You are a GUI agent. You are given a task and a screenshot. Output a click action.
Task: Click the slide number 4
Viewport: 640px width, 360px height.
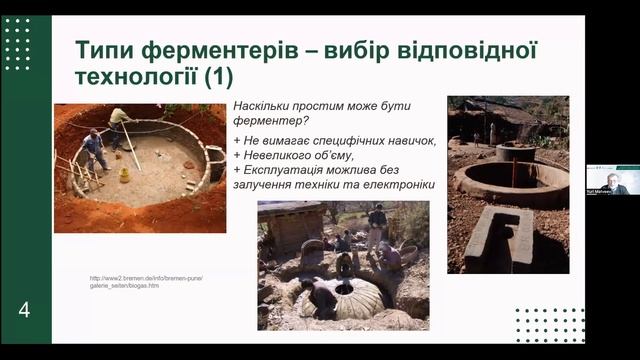click(x=24, y=310)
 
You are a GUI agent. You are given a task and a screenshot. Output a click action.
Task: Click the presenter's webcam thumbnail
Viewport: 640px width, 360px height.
click(x=613, y=180)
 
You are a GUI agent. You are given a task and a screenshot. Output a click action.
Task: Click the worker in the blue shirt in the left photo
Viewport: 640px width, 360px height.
click(x=94, y=149)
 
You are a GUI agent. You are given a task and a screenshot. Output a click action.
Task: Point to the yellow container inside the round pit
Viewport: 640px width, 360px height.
click(x=124, y=175)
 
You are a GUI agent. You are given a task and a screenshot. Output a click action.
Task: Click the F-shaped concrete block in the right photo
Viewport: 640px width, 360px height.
click(x=498, y=238)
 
